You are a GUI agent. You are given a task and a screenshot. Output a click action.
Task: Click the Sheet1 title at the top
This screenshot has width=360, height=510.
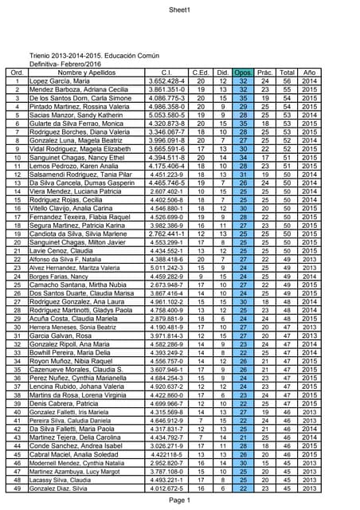[x=179, y=10]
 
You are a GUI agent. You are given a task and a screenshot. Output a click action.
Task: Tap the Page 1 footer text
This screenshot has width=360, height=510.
[x=179, y=500]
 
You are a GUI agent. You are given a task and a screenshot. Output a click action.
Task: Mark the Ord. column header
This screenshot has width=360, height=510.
[x=17, y=73]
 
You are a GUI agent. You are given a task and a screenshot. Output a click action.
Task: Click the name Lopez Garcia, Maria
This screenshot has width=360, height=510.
[x=60, y=81]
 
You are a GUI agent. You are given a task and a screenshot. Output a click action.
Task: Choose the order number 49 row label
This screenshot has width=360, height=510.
[x=17, y=488]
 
